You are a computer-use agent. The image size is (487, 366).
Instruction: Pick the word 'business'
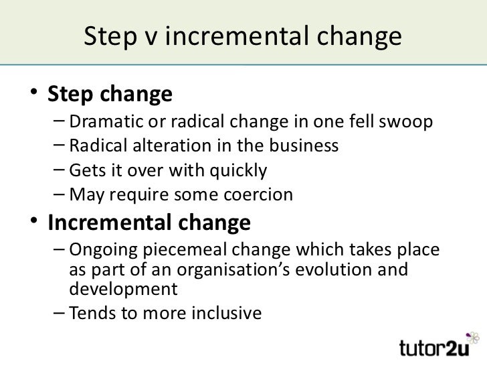point(299,147)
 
